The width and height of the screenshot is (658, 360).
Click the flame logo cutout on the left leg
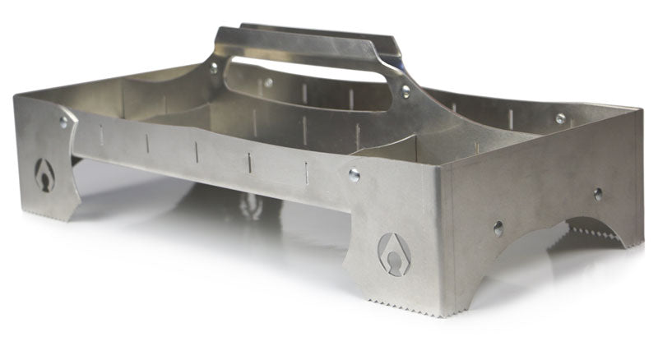pyautogui.click(x=44, y=174)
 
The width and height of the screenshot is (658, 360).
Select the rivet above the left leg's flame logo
pyautogui.click(x=64, y=121)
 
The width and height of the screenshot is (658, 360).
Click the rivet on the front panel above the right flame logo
pyautogui.click(x=354, y=173)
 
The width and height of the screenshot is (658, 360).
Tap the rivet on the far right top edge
pyautogui.click(x=560, y=118)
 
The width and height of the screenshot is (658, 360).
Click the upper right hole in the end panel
pyautogui.click(x=598, y=194)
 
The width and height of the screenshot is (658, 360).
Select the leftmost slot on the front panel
pyautogui.click(x=102, y=134)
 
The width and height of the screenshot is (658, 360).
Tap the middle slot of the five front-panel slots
pyautogui.click(x=198, y=151)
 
